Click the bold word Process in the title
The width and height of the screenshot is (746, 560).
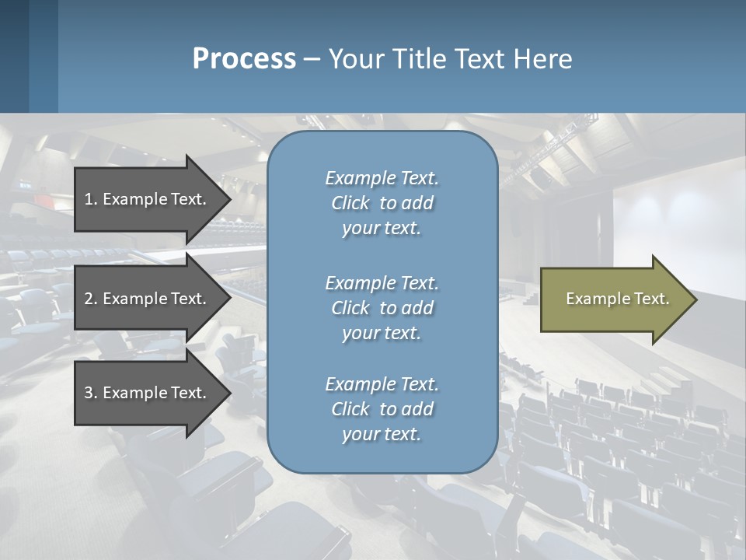click(x=244, y=59)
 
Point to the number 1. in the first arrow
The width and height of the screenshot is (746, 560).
click(x=91, y=199)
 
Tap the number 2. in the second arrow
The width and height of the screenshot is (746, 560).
click(x=91, y=299)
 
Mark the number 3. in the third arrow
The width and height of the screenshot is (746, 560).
click(x=91, y=393)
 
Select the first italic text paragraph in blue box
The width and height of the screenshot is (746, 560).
click(x=382, y=203)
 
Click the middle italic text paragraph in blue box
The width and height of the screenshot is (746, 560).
click(x=382, y=308)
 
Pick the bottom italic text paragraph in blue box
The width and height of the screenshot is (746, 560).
click(x=382, y=409)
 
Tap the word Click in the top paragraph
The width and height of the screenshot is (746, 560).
click(x=350, y=203)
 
